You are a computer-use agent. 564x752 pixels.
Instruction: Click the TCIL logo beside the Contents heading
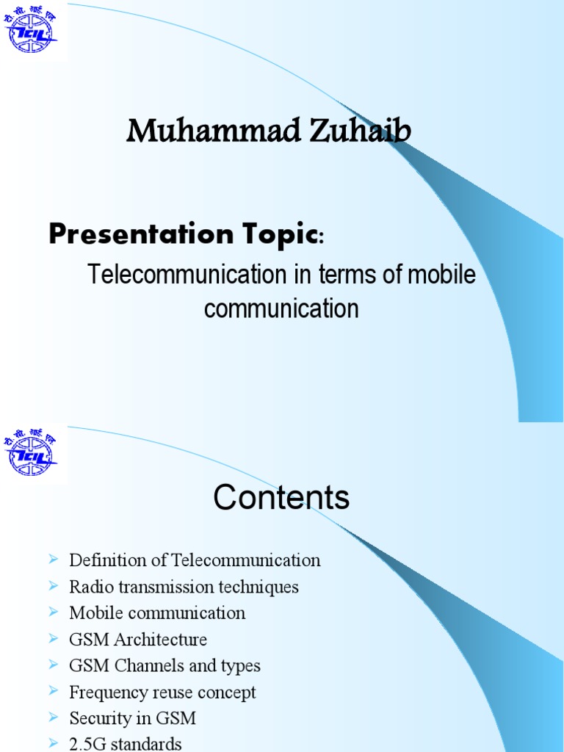coord(32,452)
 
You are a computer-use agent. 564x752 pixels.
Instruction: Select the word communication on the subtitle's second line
coord(281,308)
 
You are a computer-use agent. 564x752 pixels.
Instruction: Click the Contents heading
coord(281,499)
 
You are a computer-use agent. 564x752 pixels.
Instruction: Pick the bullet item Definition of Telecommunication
coord(195,560)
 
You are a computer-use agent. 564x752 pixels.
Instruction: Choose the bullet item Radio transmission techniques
coord(184,587)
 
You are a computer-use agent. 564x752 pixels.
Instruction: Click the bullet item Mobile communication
coord(157,612)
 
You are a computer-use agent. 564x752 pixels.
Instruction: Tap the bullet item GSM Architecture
coord(138,639)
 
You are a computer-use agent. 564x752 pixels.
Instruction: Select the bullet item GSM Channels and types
coord(164,665)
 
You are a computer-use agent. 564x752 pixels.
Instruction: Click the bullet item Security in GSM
coord(132,718)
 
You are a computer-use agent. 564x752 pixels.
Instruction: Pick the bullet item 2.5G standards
coord(125,743)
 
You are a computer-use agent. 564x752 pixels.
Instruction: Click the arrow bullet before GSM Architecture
coord(53,638)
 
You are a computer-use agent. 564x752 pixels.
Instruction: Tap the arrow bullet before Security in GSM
coord(53,717)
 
